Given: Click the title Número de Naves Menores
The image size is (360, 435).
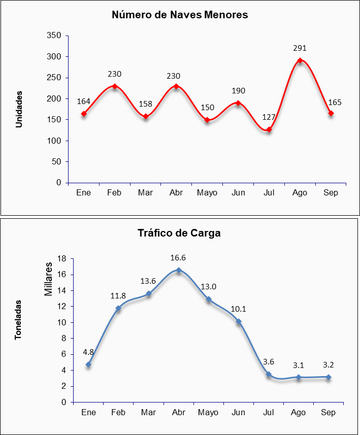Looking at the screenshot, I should (180, 15).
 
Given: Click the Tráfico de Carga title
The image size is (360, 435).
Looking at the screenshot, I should (179, 233).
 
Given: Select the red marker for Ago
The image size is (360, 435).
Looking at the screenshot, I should (300, 60).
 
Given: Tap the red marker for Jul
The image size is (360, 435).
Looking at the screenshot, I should (269, 129).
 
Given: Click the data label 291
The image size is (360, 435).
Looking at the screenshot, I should (300, 48).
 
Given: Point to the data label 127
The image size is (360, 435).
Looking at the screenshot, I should (269, 117).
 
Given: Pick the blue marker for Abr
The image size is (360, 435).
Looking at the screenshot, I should (179, 270).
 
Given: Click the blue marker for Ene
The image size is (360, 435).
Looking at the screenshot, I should (88, 364).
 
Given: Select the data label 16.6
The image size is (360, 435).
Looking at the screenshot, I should (178, 258).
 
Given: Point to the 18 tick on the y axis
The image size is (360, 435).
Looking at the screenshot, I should (62, 259).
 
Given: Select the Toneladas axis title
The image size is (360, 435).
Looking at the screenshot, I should (18, 320).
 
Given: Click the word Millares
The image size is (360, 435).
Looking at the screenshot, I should (48, 279).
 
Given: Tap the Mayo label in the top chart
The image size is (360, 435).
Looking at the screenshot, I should (207, 193).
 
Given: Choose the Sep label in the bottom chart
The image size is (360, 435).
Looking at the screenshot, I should (329, 413).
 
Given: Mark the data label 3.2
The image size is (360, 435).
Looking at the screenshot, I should (329, 364).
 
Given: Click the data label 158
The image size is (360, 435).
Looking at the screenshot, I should (145, 105).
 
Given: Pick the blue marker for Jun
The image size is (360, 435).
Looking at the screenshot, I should (239, 321).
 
